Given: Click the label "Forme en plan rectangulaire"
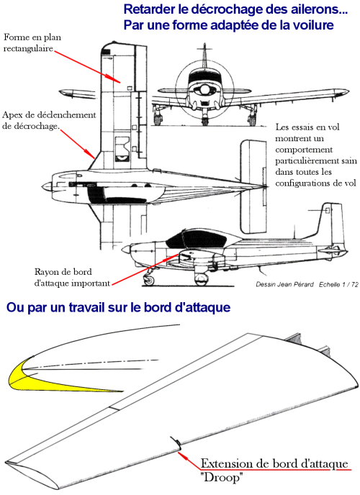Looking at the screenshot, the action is [x=32, y=43].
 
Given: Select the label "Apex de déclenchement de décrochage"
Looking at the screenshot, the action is [x=49, y=120].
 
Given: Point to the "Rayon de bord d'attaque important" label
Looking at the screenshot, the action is [x=72, y=278].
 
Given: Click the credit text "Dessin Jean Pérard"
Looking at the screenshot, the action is [x=284, y=284].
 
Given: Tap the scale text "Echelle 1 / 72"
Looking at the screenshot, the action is [x=338, y=284].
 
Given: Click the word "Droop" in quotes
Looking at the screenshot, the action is [x=222, y=477].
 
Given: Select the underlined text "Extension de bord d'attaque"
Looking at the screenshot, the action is [x=274, y=464].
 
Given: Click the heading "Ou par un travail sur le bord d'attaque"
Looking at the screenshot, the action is [x=118, y=307].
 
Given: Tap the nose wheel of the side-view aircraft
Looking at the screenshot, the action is [x=149, y=279].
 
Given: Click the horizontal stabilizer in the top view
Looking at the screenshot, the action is [x=253, y=186].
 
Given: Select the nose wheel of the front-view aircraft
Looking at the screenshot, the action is [x=205, y=121].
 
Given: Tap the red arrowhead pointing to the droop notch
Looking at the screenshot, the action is [x=181, y=454].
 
